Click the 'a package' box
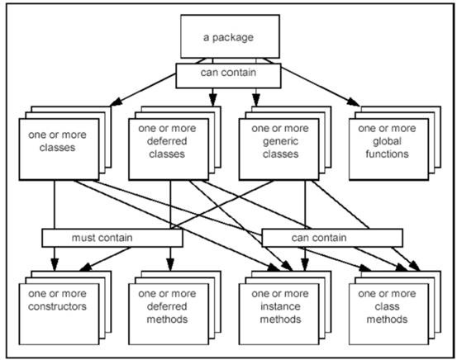click(230, 36)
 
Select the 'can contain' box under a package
click(228, 76)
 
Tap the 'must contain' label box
click(112, 238)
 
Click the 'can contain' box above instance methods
click(332, 238)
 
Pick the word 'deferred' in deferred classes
click(167, 141)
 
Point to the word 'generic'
click(280, 142)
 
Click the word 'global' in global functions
click(387, 142)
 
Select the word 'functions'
click(387, 154)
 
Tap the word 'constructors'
click(57, 306)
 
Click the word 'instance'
click(280, 306)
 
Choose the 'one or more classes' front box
click(60, 149)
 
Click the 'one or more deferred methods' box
click(169, 314)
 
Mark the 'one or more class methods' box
click(388, 314)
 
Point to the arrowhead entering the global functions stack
click(354, 102)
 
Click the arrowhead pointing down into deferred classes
click(213, 101)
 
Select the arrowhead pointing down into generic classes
click(256, 101)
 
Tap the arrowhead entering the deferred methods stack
click(170, 265)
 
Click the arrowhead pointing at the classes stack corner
click(117, 102)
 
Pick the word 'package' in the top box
click(233, 38)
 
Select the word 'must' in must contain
click(83, 238)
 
